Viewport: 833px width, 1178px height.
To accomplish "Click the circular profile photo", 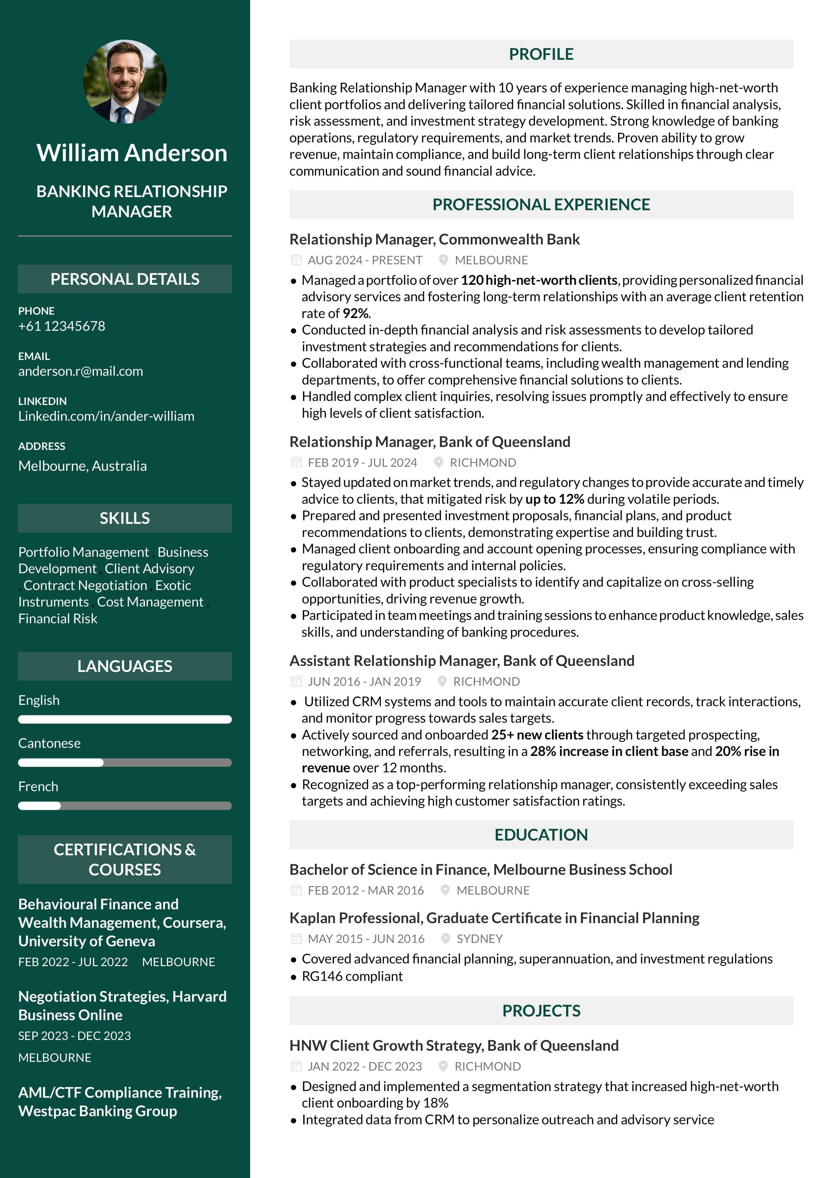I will pos(125,82).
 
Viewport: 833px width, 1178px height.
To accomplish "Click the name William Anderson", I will pos(132,153).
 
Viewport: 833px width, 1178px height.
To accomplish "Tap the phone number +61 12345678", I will pos(61,326).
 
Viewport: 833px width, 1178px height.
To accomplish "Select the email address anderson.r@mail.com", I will pos(81,371).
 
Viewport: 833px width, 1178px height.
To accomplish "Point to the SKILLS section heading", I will pos(125,518).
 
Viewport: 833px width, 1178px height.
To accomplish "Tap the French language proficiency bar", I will pos(125,806).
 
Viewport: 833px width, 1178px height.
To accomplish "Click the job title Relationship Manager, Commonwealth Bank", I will pos(434,240).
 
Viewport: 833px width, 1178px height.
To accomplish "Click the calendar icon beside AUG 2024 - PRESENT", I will pos(296,260).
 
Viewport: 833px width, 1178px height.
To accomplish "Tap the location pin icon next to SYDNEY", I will pos(446,939).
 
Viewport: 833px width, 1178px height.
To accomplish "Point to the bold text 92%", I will pos(356,314).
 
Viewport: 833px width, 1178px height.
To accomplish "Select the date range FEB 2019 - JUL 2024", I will pos(362,463).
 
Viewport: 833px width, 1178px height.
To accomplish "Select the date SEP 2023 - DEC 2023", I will pos(75,1036).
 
